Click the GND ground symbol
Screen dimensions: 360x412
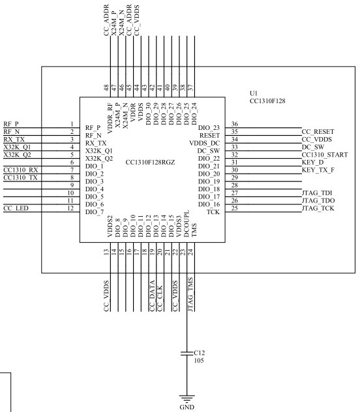(187, 398)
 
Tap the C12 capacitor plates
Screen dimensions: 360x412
(187, 353)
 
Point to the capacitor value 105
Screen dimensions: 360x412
(199, 360)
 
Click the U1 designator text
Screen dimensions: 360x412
(254, 93)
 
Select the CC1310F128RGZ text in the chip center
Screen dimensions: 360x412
(150, 162)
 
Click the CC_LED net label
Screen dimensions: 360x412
(16, 208)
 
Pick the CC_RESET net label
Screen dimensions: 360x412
(318, 132)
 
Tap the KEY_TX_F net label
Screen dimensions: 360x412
(318, 170)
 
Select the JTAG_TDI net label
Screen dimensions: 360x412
(317, 193)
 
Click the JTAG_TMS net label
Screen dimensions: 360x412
(190, 294)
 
